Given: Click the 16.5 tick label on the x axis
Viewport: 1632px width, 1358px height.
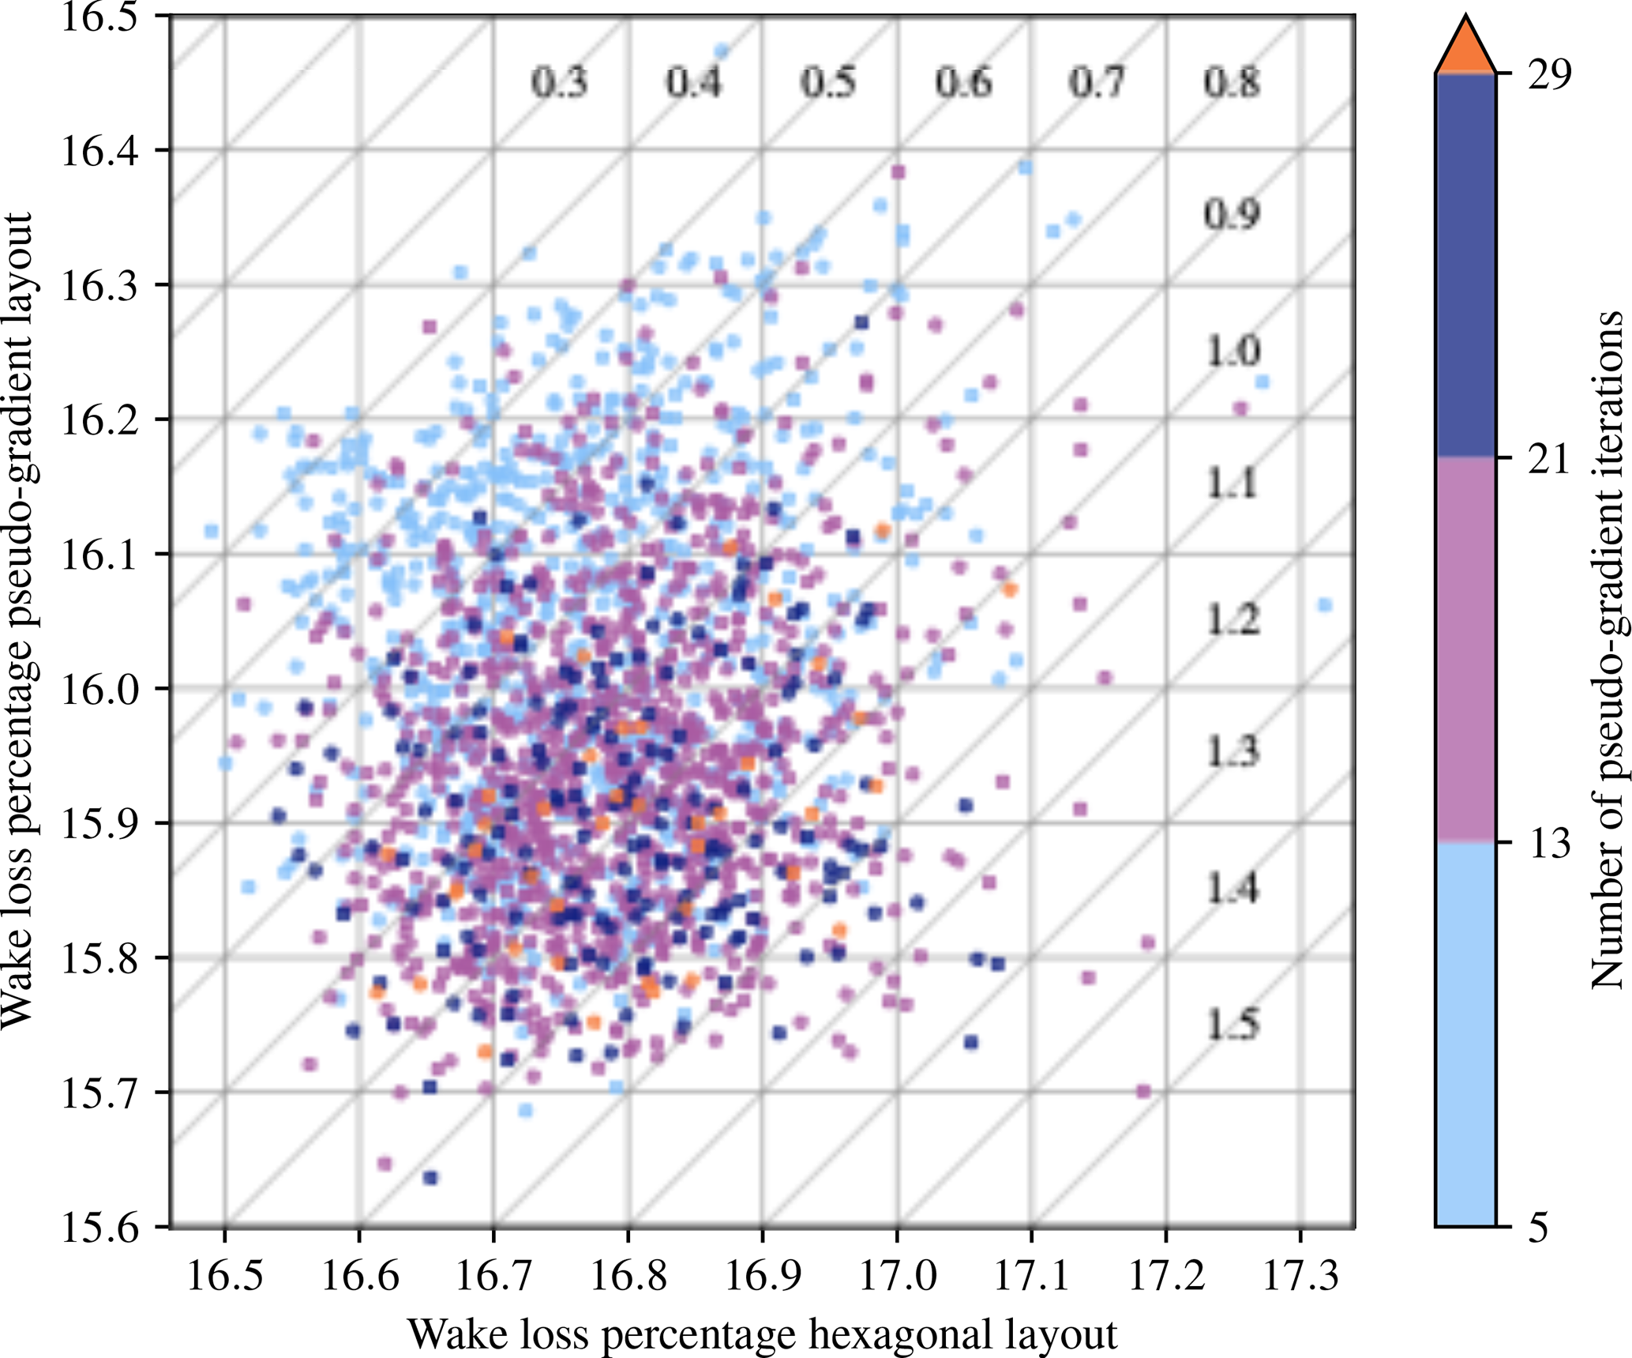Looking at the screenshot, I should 224,1276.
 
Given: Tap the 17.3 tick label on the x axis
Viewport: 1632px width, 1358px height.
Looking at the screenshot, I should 1300,1276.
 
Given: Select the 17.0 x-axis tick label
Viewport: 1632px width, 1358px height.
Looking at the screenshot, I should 896,1276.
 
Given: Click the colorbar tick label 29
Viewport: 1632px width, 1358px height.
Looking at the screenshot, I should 1550,75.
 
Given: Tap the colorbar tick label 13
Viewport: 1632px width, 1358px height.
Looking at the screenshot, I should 1550,844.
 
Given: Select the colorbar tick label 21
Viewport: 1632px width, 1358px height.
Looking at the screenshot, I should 1550,459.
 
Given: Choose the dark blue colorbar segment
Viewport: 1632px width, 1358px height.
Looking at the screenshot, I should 1465,265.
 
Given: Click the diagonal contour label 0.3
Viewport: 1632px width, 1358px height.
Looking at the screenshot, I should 559,83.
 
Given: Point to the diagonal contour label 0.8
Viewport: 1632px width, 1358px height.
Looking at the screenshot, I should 1232,83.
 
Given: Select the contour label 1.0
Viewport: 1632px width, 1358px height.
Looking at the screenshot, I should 1232,351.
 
